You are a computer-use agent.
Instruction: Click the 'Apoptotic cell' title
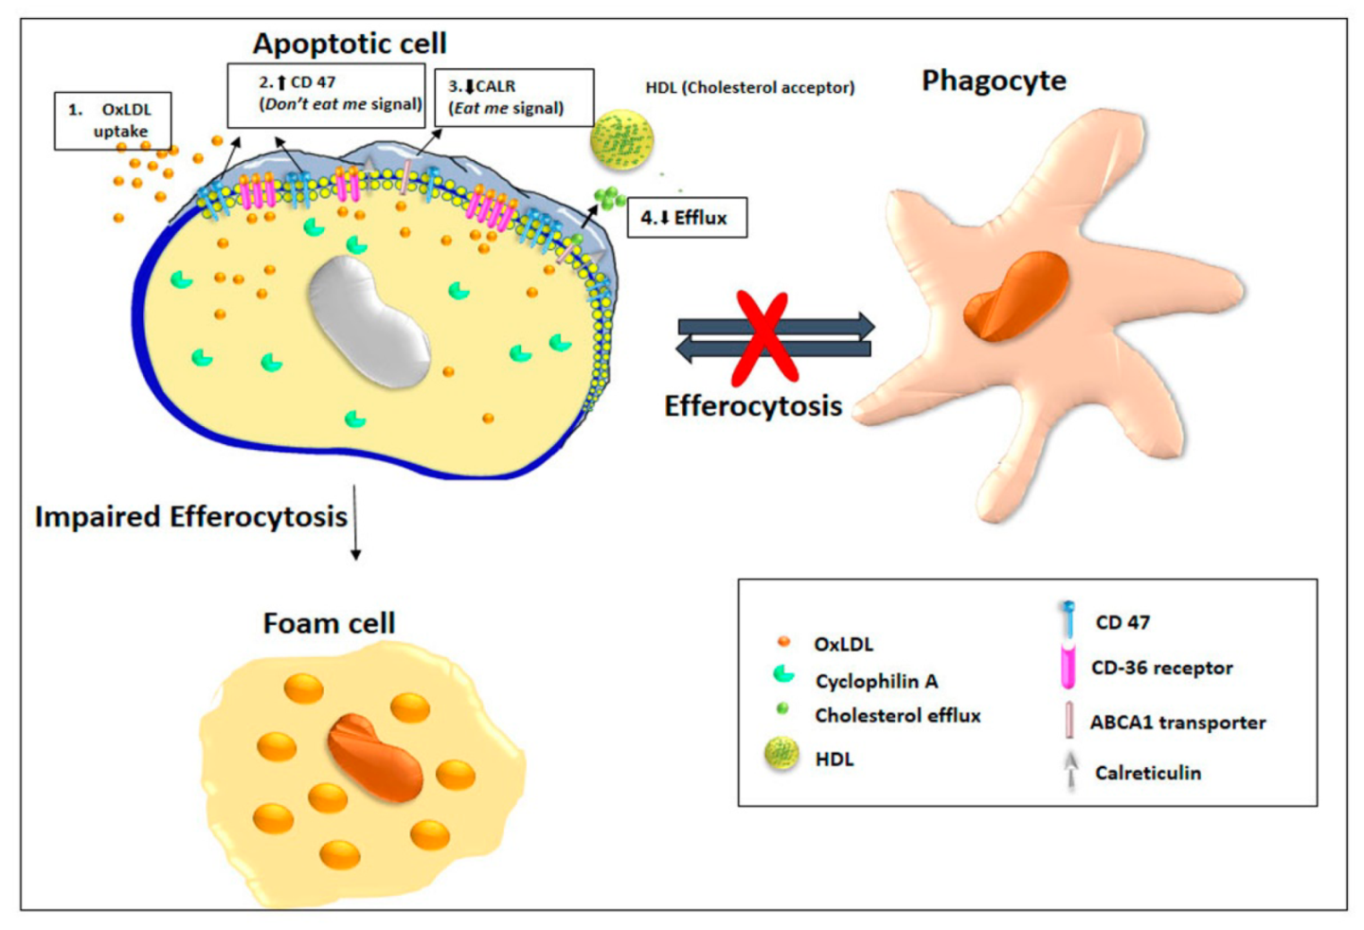click(349, 44)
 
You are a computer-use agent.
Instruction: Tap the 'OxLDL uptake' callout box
click(114, 120)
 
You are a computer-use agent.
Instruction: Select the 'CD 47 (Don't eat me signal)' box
click(326, 95)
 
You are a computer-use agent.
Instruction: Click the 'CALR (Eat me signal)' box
click(513, 98)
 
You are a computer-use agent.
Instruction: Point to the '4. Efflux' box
click(687, 218)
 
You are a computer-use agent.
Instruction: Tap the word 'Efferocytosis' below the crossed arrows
click(753, 406)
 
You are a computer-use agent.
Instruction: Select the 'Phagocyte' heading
click(994, 80)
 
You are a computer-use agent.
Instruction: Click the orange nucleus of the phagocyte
click(1015, 295)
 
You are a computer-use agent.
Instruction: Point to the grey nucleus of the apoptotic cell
click(370, 322)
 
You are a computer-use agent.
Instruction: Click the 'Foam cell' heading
click(329, 623)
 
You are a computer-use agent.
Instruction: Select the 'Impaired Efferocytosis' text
click(191, 517)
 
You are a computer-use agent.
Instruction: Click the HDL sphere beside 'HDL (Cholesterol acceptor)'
click(621, 140)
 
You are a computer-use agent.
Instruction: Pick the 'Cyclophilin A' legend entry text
click(876, 681)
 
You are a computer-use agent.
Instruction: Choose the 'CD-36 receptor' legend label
click(1161, 668)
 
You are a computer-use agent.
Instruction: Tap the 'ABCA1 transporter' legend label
click(1177, 723)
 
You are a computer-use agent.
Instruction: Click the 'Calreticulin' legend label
click(1148, 773)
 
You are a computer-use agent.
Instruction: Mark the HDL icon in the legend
click(781, 755)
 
